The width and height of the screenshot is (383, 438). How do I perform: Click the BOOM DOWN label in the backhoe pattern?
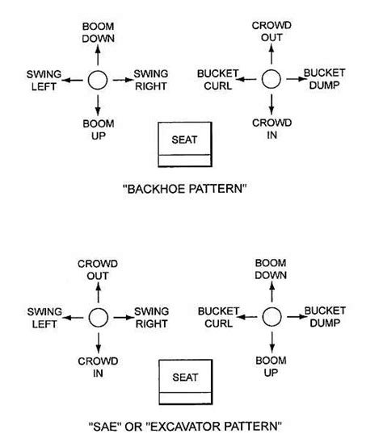pos(98,33)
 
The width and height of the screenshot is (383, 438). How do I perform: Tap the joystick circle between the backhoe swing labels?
pos(97,81)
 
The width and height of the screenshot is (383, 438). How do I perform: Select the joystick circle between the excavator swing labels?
pos(97,316)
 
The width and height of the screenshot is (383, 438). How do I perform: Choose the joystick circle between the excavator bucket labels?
pos(271,316)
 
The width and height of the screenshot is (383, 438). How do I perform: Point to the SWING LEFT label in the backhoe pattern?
pos(40,81)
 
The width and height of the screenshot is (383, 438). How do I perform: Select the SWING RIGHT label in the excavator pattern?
pos(151,316)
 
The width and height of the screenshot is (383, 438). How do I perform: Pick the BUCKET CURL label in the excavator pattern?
pos(217,316)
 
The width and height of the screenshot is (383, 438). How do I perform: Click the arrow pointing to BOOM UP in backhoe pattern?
pos(97,105)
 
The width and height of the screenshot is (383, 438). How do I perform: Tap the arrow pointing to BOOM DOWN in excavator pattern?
pos(271,292)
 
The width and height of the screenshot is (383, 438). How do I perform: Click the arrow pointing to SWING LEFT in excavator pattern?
pos(71,316)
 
